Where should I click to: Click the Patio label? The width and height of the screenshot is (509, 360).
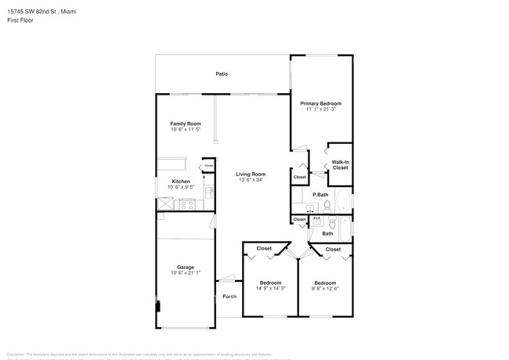[x=222, y=74]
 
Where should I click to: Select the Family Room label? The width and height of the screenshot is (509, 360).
[x=186, y=124]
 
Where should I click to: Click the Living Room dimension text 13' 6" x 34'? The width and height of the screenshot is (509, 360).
[x=251, y=180]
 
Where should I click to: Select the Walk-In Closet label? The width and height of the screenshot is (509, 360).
[x=340, y=165]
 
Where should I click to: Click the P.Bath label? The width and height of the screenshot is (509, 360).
[x=319, y=195]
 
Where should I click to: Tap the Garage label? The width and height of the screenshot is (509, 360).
[x=186, y=267]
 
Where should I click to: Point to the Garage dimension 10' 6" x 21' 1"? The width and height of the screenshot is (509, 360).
[x=186, y=273]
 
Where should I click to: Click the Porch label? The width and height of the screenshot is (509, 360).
[x=229, y=297]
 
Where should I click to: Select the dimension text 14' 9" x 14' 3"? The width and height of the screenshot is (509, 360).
[x=270, y=289]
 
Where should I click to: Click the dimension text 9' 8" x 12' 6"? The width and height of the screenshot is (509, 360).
[x=325, y=289]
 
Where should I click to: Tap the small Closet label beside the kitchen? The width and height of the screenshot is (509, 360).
[x=209, y=166]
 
